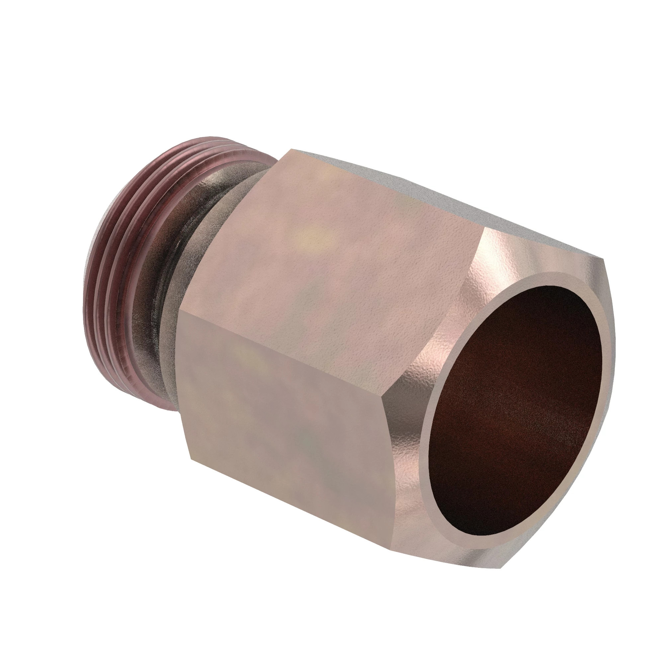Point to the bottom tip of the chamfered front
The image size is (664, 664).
pos(505,569)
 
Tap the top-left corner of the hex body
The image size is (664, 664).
pos(291,149)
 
